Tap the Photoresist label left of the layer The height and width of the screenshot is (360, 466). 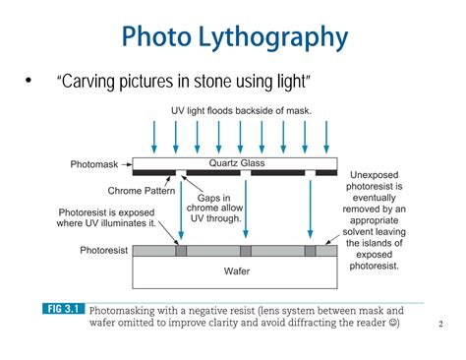pyautogui.click(x=104, y=250)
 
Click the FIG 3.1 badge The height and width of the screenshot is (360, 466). pyautogui.click(x=64, y=309)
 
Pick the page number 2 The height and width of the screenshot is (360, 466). pyautogui.click(x=439, y=323)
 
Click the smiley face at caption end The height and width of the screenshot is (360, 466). pyautogui.click(x=394, y=323)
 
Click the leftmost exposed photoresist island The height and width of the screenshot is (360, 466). pyautogui.click(x=181, y=251)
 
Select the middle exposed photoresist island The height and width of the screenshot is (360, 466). pyautogui.click(x=245, y=251)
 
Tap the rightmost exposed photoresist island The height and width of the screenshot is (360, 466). pyautogui.click(x=310, y=251)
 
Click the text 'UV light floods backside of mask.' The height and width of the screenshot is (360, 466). pyautogui.click(x=242, y=112)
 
